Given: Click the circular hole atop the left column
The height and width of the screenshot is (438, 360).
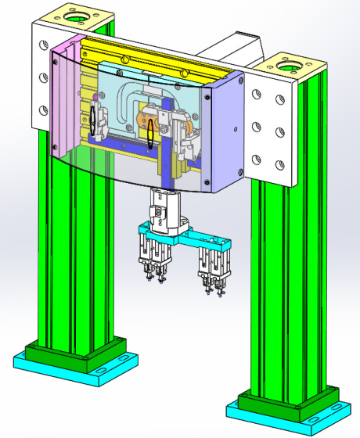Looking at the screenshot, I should click(78, 16).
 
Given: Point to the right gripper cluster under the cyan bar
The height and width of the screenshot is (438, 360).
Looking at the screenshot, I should click(212, 266).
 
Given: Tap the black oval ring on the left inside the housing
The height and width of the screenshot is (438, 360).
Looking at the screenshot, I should click(94, 119).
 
